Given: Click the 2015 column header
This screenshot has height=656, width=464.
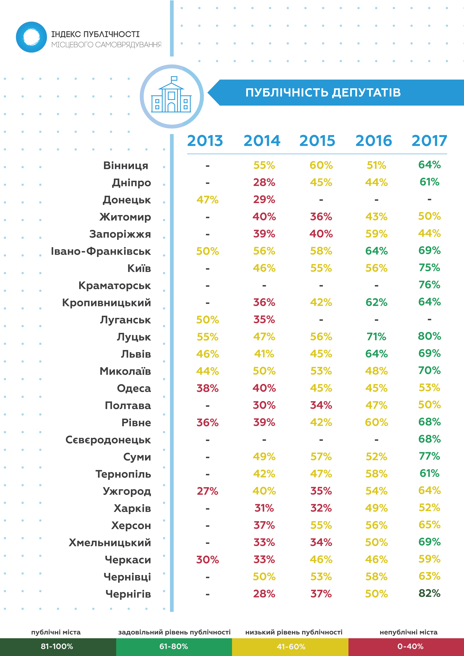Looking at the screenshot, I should [x=317, y=141].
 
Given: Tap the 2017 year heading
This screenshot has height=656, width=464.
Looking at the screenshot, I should [x=429, y=141].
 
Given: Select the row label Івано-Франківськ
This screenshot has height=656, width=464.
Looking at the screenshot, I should [x=101, y=252].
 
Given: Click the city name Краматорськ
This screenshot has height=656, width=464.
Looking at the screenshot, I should [x=115, y=286].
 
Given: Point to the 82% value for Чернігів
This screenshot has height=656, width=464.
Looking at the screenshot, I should [x=429, y=593].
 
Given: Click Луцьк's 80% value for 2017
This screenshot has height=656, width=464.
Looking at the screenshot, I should [x=429, y=336].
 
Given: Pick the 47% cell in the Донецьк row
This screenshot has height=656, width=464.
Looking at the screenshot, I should [x=207, y=200].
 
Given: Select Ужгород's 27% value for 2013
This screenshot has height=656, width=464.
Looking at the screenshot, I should [x=207, y=491].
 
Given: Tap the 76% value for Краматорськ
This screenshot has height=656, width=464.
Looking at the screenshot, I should [x=429, y=285].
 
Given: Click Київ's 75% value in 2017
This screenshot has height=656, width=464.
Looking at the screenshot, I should [x=429, y=268].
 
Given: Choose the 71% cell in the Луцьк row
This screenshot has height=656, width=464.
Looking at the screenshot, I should [x=376, y=337].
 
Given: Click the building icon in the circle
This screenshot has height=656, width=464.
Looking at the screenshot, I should [x=172, y=96].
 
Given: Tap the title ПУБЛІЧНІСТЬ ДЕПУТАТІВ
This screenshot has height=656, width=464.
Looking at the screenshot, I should [x=323, y=93].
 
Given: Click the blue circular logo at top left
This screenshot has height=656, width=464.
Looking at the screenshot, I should [x=31, y=37].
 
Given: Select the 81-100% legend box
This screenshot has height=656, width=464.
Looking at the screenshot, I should [x=57, y=646].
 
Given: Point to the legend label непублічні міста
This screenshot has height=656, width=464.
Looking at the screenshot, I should [x=408, y=632].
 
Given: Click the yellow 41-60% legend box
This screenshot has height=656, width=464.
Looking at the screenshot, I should [x=291, y=646].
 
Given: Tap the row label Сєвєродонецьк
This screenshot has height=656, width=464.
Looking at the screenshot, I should [x=108, y=440].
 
